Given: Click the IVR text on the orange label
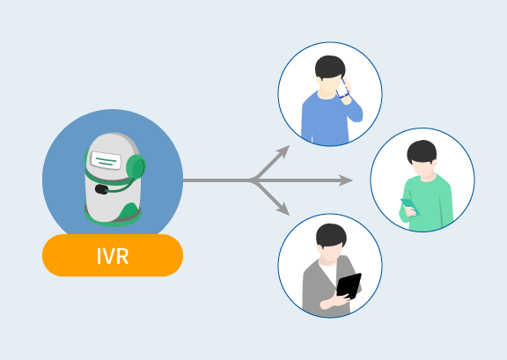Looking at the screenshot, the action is point(113,256).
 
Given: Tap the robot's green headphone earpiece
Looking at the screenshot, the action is point(136,167).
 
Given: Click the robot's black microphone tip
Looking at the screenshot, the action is point(101,189).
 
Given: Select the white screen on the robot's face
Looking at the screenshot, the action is point(106,160).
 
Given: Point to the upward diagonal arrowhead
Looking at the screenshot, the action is point(283,151).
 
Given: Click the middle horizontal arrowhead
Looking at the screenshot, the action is point(346,180).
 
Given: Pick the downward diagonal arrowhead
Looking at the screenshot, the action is point(283,209).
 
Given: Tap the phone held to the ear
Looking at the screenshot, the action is point(342,88).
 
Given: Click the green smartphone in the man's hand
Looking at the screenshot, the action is point(409,206).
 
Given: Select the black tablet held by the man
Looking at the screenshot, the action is point(349,286).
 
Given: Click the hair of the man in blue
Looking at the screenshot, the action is point(330,67).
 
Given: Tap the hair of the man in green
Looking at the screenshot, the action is point(422,151).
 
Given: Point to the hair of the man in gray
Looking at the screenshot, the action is point(331,235).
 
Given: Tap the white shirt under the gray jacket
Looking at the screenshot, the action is point(329,272).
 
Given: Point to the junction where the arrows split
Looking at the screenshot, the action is point(253,180).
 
